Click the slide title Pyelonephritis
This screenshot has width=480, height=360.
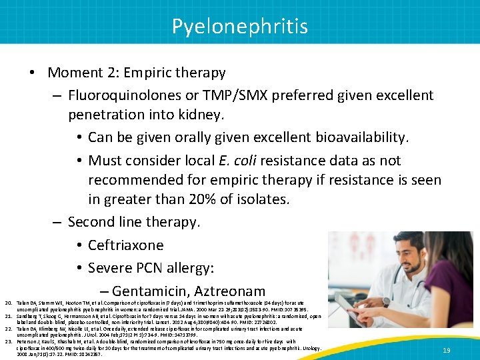(240, 26)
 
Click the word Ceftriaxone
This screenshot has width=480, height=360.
(126, 245)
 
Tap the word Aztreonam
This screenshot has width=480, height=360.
(234, 291)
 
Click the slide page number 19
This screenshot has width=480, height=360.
(445, 350)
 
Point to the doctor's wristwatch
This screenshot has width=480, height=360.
(386, 302)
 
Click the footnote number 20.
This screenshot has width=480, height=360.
(8, 303)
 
